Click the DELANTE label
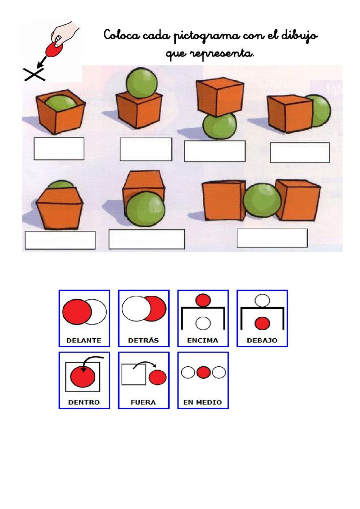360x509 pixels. [84, 340]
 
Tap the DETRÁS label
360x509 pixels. [144, 340]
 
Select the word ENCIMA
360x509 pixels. [203, 340]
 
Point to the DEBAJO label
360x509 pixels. [262, 340]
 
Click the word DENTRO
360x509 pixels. [84, 402]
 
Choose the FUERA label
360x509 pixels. [143, 402]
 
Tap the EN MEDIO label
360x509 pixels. [203, 402]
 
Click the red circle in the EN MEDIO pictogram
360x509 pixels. [203, 372]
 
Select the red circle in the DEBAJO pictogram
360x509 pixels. [262, 323]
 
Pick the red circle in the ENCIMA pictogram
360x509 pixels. [203, 300]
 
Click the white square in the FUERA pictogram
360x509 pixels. [134, 375]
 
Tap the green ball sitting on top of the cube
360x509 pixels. [141, 83]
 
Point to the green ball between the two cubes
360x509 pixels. [262, 200]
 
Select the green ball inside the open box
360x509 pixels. [61, 102]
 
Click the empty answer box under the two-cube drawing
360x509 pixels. [272, 238]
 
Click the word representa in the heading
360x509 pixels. [221, 54]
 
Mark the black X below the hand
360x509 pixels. [35, 74]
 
